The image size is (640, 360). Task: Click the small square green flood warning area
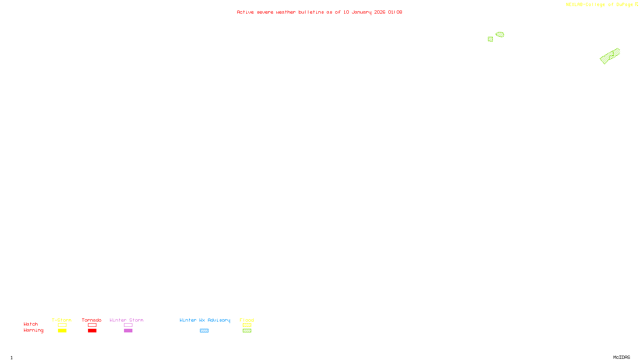[x=490, y=39]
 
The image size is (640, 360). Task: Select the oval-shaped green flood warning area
[x=500, y=35]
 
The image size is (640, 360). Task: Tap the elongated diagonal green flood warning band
[x=610, y=56]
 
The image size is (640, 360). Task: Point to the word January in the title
[x=361, y=12]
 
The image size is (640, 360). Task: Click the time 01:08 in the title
[x=395, y=12]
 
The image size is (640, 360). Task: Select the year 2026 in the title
[x=380, y=12]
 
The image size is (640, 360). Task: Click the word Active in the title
[x=245, y=12]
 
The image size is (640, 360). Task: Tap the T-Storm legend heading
[x=62, y=320]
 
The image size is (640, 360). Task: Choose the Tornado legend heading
[x=92, y=320]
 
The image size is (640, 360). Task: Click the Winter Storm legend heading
[x=126, y=320]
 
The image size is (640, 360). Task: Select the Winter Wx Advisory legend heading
[x=205, y=320]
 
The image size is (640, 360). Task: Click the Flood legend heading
[x=247, y=320]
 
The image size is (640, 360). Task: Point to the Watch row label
[x=31, y=324]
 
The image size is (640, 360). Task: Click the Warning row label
[x=34, y=330]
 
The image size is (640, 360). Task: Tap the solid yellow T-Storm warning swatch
[x=62, y=331]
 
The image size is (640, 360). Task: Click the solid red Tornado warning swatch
[x=92, y=331]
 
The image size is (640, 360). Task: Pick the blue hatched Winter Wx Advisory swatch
[x=204, y=331]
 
